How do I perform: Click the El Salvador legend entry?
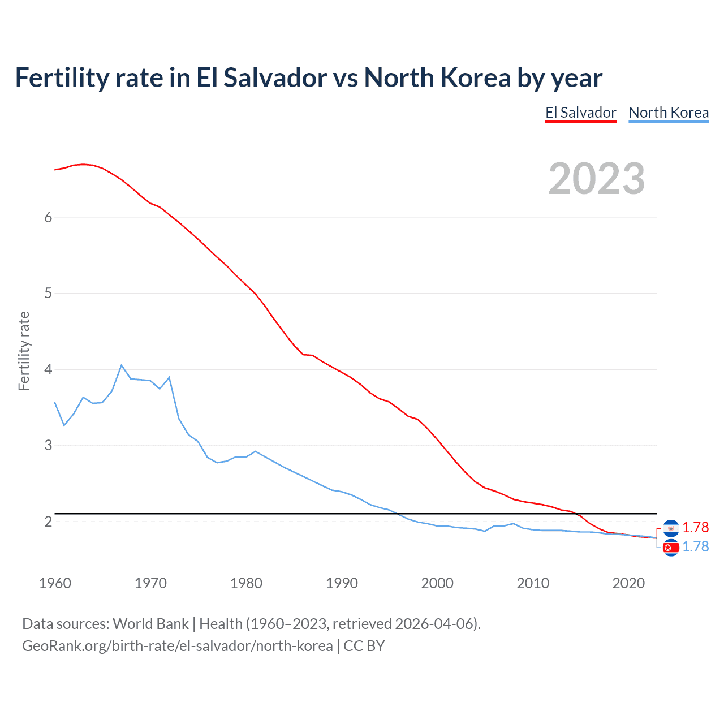tap(580, 113)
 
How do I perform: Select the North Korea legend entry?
tap(669, 113)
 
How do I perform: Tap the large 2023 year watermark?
tap(596, 179)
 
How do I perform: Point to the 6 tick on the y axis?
tap(48, 217)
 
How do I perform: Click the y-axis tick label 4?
tap(48, 369)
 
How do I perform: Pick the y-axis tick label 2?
tap(48, 522)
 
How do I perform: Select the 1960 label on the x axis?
tap(55, 583)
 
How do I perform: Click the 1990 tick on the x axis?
tap(342, 583)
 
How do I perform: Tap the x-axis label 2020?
tap(628, 583)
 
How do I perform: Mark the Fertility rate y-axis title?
tap(24, 351)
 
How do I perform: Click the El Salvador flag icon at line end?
tap(671, 528)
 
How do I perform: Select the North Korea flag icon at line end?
tap(671, 548)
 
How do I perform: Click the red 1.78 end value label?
tap(695, 527)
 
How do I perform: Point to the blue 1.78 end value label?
tap(695, 546)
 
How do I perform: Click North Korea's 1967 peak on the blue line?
tap(122, 365)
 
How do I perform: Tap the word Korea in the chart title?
tap(476, 77)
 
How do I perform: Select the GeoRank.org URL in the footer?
tap(178, 646)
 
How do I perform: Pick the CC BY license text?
tap(364, 646)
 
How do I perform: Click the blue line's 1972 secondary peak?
tap(169, 377)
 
